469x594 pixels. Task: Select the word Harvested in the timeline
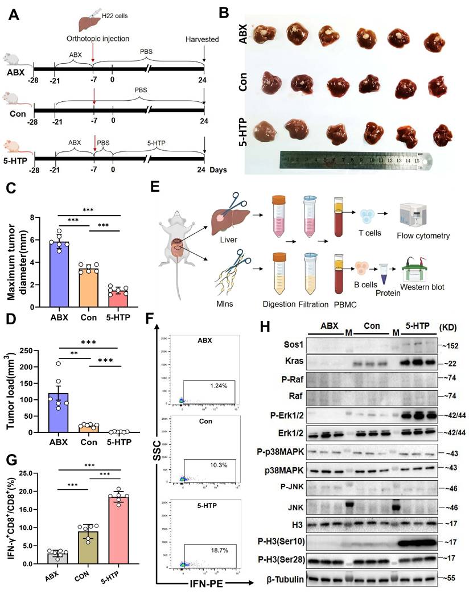coord(203,39)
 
